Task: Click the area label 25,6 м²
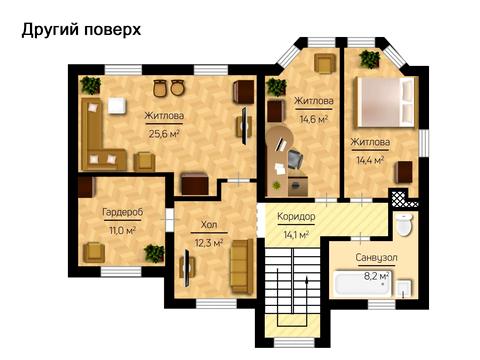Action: pyautogui.click(x=164, y=132)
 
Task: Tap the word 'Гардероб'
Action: pyautogui.click(x=122, y=213)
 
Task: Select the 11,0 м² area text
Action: pyautogui.click(x=122, y=229)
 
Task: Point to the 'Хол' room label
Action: pyautogui.click(x=208, y=226)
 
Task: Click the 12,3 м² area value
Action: pyautogui.click(x=208, y=242)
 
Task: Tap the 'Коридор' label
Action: pyautogui.click(x=297, y=217)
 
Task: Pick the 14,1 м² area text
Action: pyautogui.click(x=297, y=234)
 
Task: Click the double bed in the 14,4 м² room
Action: pyautogui.click(x=384, y=103)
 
